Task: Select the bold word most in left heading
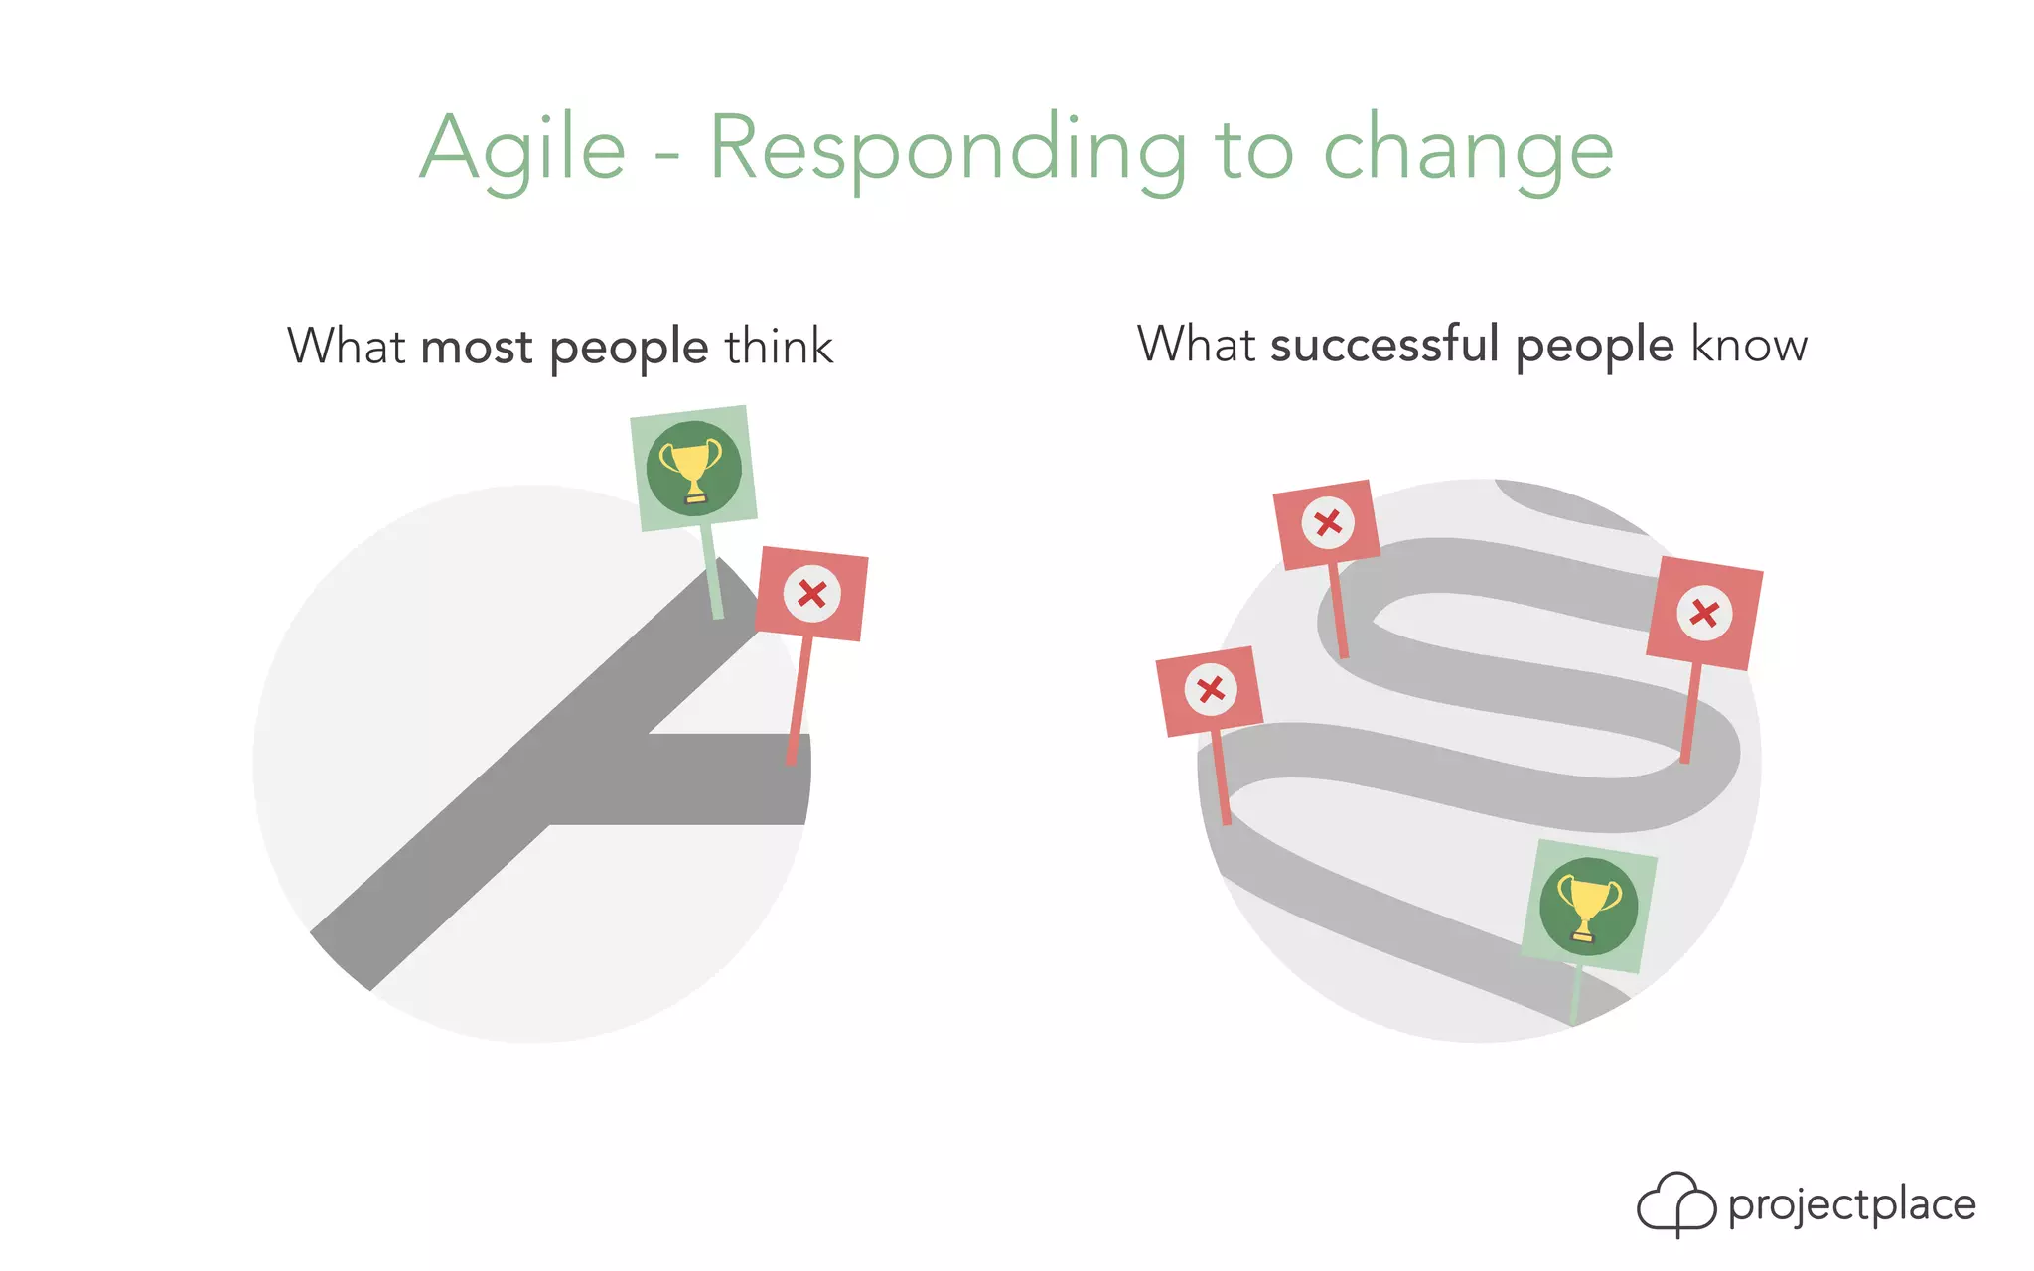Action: pyautogui.click(x=477, y=348)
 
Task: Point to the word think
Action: pyautogui.click(x=779, y=347)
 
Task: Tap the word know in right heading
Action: pyautogui.click(x=1749, y=345)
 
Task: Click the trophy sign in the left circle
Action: pyautogui.click(x=693, y=468)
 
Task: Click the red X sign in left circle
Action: pyautogui.click(x=811, y=594)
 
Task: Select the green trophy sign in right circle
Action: pyautogui.click(x=1588, y=907)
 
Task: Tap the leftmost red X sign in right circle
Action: pyautogui.click(x=1210, y=691)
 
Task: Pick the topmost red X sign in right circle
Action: pyautogui.click(x=1327, y=523)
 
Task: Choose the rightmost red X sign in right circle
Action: pyautogui.click(x=1704, y=613)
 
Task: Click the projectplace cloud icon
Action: pyautogui.click(x=1675, y=1203)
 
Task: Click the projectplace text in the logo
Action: pyautogui.click(x=1851, y=1204)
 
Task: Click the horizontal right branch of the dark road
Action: pyautogui.click(x=725, y=779)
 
